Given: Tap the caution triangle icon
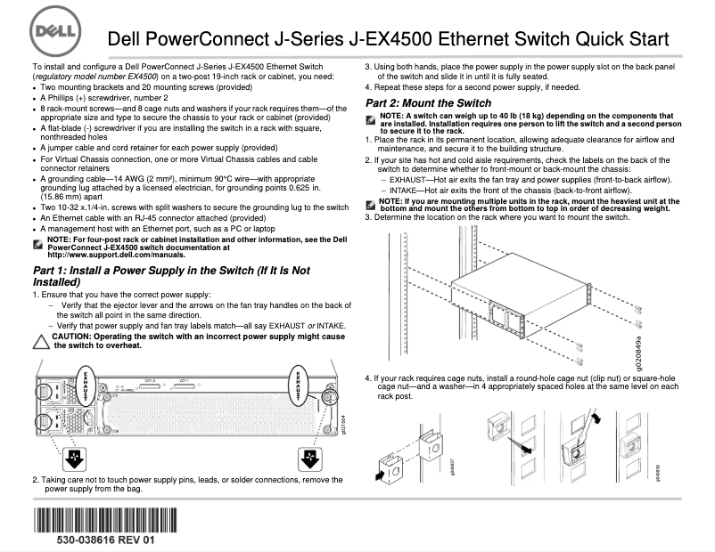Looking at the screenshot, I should [39, 342].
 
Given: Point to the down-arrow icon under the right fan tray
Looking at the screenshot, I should [309, 459].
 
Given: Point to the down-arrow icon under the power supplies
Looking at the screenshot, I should [75, 459].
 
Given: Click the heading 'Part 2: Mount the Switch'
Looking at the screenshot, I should [428, 103].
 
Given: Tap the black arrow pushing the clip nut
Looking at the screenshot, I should [382, 475].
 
